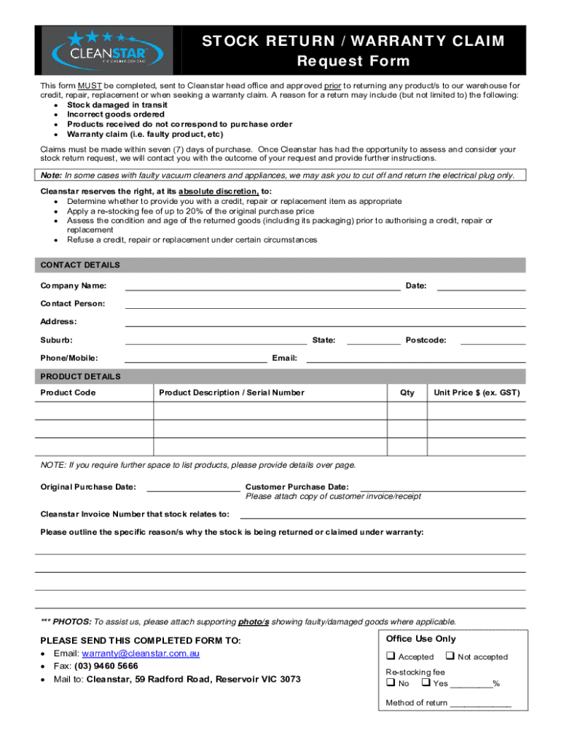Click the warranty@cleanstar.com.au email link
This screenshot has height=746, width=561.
(141, 653)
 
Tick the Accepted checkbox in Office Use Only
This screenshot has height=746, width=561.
(391, 656)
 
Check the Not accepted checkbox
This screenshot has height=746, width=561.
(449, 656)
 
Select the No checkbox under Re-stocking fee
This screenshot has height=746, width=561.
(391, 683)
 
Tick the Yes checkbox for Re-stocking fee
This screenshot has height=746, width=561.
(425, 683)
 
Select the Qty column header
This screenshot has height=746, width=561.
(407, 393)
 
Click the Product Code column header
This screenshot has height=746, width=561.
(68, 393)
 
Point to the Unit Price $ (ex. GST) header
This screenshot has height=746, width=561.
(476, 393)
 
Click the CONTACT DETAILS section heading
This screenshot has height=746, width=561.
(80, 265)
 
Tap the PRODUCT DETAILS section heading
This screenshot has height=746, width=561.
(80, 377)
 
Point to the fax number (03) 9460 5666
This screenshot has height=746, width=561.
(105, 666)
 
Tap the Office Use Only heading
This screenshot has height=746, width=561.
(421, 639)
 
